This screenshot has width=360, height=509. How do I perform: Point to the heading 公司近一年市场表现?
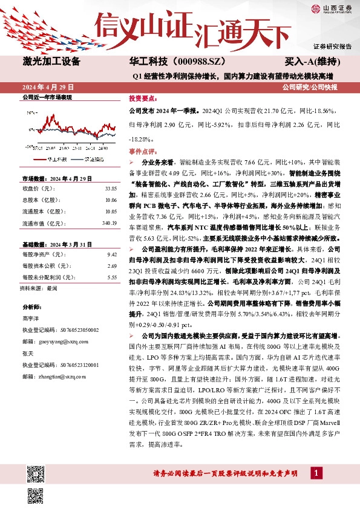click(47, 97)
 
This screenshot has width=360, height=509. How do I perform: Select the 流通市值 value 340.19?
click(108, 223)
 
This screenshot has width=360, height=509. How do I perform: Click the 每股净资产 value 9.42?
click(111, 255)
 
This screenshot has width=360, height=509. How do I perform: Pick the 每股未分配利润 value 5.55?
click(111, 277)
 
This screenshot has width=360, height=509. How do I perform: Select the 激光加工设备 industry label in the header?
click(51, 62)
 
